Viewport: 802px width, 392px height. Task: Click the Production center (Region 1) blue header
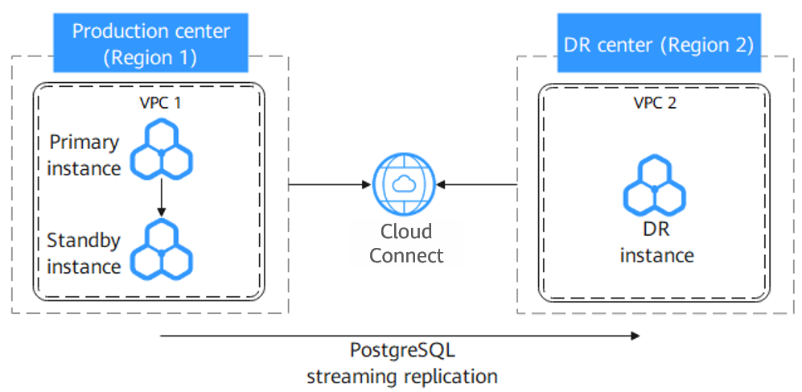coord(151,44)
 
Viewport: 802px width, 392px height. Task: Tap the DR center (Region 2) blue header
coord(658,44)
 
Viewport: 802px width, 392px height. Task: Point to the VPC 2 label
coord(655,104)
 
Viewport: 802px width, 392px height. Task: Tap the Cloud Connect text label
coord(406,244)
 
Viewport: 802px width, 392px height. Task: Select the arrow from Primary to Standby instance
coord(162,197)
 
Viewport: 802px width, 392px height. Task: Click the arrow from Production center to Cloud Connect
coord(326,185)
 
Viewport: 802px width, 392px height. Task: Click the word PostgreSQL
coord(402,351)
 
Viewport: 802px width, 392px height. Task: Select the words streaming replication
coord(402,376)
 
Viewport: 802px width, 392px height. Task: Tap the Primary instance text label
coord(84,155)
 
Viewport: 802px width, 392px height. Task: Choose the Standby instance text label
coord(84,253)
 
